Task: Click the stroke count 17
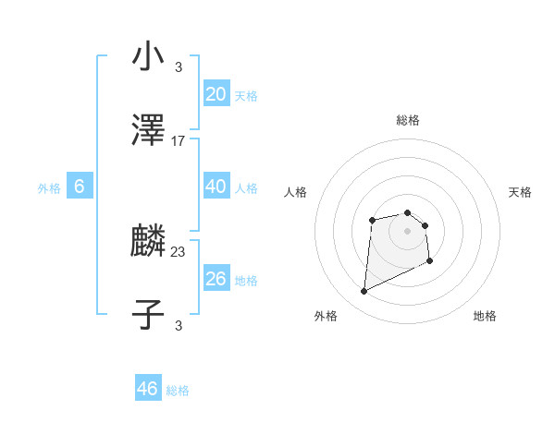(x=179, y=141)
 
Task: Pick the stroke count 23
(x=179, y=251)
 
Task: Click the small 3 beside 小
(x=179, y=67)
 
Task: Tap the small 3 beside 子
(x=179, y=325)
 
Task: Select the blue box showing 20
(x=216, y=94)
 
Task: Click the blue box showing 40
(x=216, y=187)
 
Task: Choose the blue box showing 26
(x=216, y=278)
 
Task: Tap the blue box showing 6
(x=80, y=187)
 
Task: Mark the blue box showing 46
(x=148, y=389)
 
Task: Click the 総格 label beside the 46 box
(x=178, y=391)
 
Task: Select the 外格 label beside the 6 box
(x=49, y=188)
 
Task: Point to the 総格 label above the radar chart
(x=408, y=120)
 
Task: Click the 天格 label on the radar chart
(x=521, y=192)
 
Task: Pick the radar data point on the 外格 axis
(x=364, y=292)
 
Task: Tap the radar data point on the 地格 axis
(x=430, y=262)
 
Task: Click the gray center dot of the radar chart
(x=408, y=230)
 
